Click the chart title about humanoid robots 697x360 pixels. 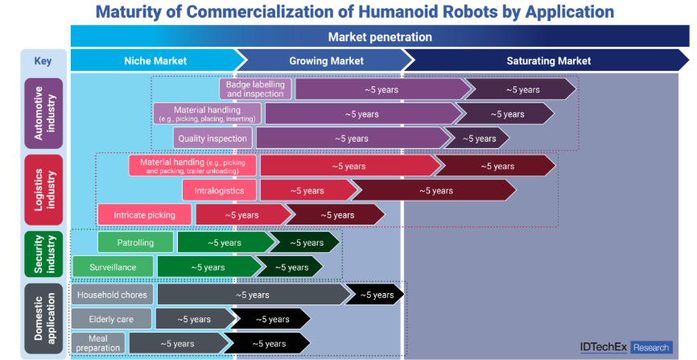click(354, 12)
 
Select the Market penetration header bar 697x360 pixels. click(379, 37)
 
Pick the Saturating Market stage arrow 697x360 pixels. click(548, 60)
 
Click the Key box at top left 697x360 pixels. click(43, 60)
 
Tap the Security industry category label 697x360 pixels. click(43, 251)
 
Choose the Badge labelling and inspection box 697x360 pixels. click(255, 89)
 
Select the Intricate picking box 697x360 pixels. click(145, 215)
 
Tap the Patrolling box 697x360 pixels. click(135, 242)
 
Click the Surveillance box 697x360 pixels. click(113, 267)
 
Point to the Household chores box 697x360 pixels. click(113, 295)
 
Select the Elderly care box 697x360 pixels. click(112, 319)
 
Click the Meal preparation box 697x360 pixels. click(98, 343)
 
